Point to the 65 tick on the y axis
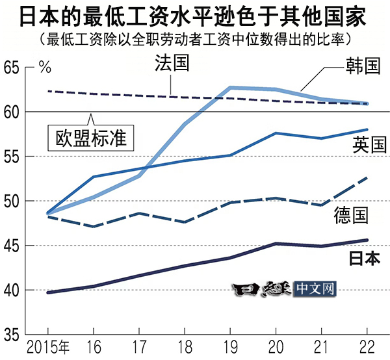click(x=12, y=68)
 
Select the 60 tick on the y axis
click(x=12, y=112)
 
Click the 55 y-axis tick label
click(x=12, y=157)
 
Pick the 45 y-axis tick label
click(x=12, y=246)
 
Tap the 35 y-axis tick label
click(x=12, y=334)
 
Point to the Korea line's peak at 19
click(x=229, y=87)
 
